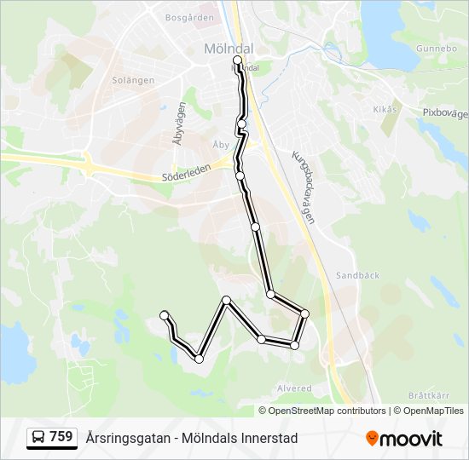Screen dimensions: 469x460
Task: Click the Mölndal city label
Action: [x=226, y=49]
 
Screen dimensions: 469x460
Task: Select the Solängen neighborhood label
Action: [x=133, y=80]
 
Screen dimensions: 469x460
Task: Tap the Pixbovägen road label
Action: [x=445, y=112]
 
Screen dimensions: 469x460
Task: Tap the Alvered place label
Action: [x=294, y=388]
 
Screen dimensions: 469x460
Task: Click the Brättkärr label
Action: [x=428, y=395]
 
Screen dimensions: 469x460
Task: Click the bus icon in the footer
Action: [x=38, y=437]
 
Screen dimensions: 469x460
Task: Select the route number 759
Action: [x=61, y=437]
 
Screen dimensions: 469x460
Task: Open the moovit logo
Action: [x=404, y=438]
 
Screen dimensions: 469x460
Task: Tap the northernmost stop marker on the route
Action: [x=237, y=60]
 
